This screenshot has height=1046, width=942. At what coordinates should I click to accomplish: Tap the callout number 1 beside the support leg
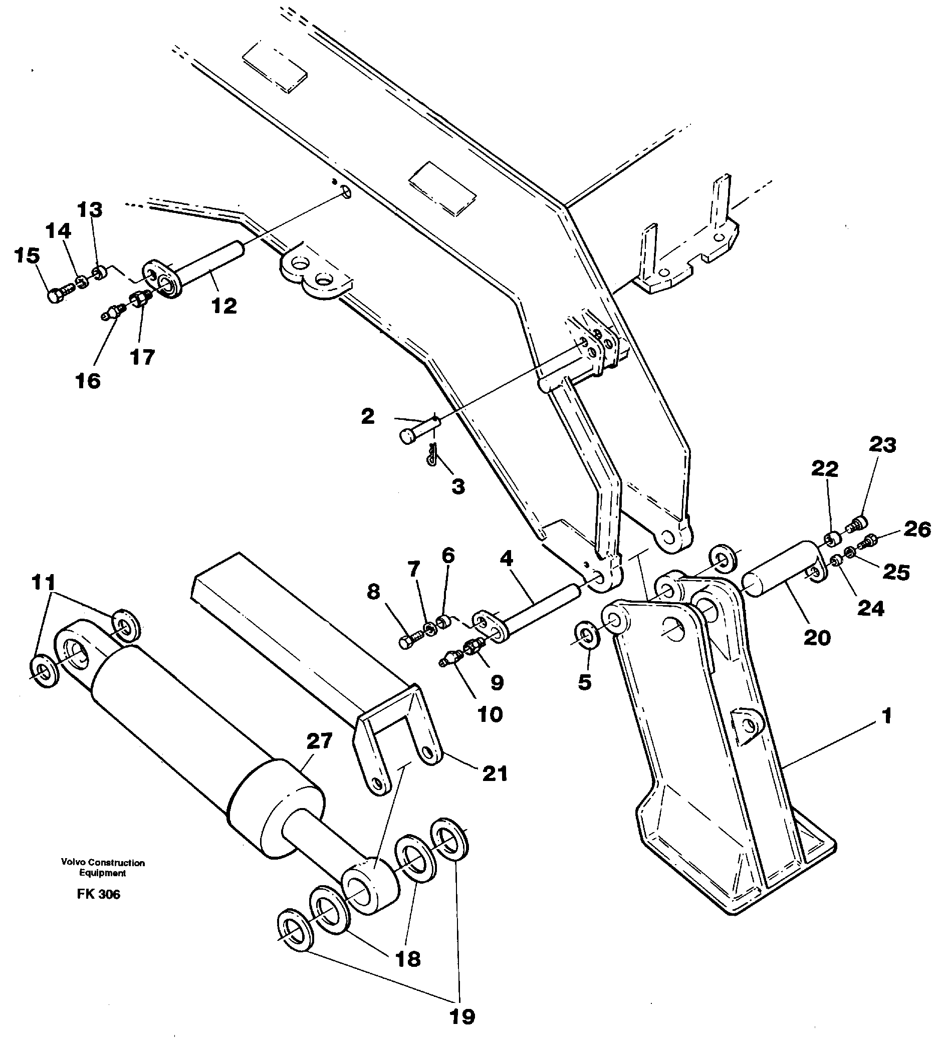(886, 716)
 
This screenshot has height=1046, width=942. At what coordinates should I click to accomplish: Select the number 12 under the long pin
(223, 306)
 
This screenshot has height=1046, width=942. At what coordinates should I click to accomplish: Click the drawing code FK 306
(98, 894)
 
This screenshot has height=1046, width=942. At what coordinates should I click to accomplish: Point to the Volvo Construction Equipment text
(103, 868)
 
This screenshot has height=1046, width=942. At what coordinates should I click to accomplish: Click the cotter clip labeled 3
(431, 457)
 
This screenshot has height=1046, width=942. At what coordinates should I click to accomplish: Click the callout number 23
(882, 445)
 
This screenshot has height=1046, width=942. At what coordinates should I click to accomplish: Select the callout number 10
(490, 715)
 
